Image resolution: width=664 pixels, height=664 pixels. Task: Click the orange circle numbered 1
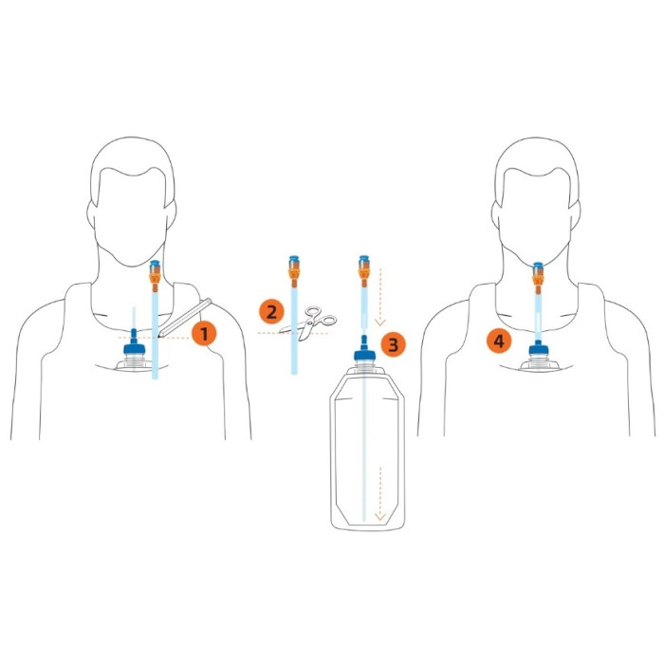(x=204, y=334)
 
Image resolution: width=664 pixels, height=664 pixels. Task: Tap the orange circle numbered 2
(x=271, y=312)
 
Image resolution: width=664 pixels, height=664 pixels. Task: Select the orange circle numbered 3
(x=393, y=344)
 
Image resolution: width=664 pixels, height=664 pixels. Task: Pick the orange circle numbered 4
(x=499, y=341)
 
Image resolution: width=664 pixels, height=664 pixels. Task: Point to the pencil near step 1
(x=185, y=318)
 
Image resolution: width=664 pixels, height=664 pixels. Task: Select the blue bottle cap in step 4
(x=539, y=348)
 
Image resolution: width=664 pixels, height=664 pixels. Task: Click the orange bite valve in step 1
(x=155, y=277)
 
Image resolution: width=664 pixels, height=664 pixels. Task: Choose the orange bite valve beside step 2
(x=293, y=271)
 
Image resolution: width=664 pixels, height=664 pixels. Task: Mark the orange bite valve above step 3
(x=363, y=271)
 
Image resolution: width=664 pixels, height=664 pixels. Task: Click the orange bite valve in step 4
(x=538, y=278)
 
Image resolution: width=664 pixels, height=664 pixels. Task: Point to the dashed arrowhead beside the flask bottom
(x=380, y=517)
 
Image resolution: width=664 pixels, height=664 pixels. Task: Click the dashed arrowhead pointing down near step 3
(x=380, y=323)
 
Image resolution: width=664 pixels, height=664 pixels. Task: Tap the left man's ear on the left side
(x=92, y=213)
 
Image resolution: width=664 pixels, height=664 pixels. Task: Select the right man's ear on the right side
(x=574, y=214)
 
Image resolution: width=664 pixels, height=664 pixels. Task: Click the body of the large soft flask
(x=367, y=449)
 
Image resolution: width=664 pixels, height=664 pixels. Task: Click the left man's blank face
(x=130, y=212)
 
